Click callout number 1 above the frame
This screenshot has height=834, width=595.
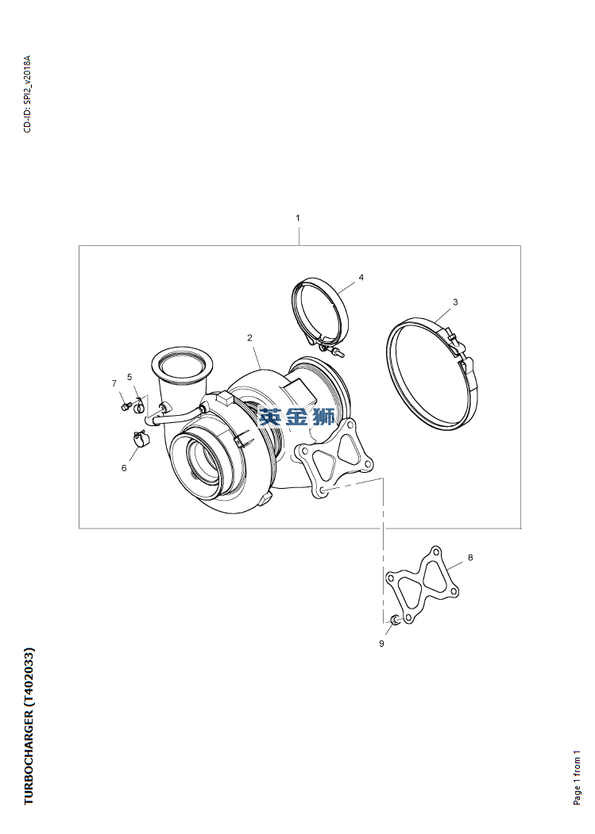point(298,217)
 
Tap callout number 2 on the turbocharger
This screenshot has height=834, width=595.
point(249,338)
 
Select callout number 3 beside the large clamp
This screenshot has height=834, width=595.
point(455,302)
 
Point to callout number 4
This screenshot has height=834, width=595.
point(361,278)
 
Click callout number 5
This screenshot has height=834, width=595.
point(129,377)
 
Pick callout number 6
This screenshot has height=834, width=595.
point(124,468)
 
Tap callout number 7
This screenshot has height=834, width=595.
point(114,383)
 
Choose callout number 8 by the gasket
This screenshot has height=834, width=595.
point(470,557)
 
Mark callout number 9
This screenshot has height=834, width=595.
point(381,644)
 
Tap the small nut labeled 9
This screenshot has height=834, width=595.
point(396,619)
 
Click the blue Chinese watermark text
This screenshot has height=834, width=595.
point(297,417)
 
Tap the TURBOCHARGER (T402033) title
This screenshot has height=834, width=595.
point(29,726)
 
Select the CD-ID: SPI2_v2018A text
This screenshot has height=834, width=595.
point(28,94)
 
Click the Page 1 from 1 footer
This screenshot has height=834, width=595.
point(578,778)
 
